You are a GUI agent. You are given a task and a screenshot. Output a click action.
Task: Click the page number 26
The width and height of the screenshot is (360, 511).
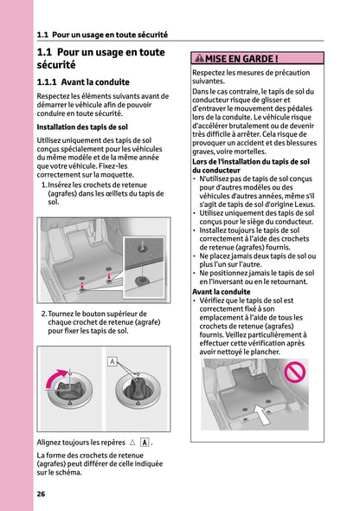pyautogui.click(x=41, y=494)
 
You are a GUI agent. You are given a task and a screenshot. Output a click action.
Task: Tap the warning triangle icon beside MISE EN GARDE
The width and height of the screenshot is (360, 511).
pyautogui.click(x=198, y=59)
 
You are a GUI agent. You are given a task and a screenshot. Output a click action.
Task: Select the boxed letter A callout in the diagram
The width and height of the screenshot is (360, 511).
pyautogui.click(x=112, y=360)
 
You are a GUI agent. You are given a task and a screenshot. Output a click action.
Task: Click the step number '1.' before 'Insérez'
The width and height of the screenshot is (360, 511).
pyautogui.click(x=44, y=184)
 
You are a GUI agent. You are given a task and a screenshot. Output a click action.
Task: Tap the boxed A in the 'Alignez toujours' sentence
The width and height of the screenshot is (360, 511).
pyautogui.click(x=144, y=442)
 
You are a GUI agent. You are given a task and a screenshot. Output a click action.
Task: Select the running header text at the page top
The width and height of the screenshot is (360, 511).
pyautogui.click(x=102, y=36)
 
